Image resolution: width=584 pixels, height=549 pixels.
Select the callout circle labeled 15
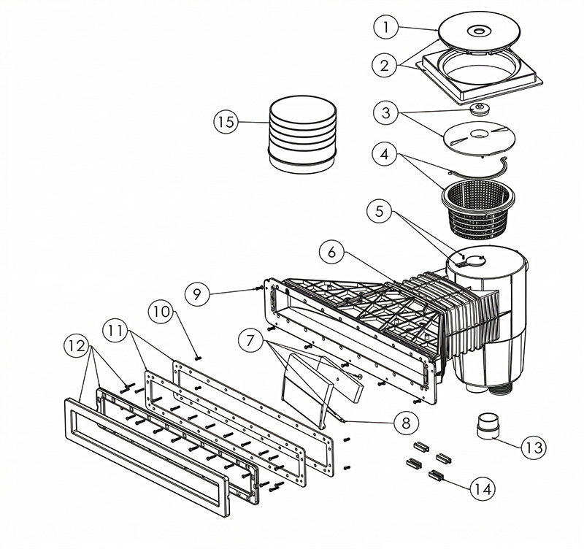[226, 122]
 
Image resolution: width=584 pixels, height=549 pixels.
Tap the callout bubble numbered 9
[197, 294]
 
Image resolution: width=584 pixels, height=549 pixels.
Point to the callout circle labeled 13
[534, 447]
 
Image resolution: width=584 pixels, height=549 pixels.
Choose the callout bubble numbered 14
[483, 488]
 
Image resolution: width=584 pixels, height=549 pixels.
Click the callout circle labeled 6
[331, 252]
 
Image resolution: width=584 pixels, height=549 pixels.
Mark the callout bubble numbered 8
[406, 423]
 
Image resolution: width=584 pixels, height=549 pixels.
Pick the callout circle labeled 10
[161, 312]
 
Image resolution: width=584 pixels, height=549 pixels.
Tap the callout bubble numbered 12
[77, 346]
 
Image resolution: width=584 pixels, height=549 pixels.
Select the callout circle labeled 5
[379, 211]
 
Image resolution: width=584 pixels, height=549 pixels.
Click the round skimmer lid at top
[480, 32]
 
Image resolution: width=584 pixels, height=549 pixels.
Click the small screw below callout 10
[198, 358]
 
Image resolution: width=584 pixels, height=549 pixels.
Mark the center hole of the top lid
[479, 31]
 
